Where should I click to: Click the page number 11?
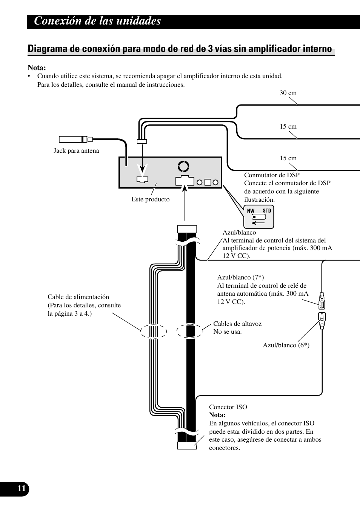click(22, 488)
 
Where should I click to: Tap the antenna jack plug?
click(76, 140)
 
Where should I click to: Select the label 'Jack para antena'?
click(76, 150)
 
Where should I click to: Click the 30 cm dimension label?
click(288, 93)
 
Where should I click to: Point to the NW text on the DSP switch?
click(251, 210)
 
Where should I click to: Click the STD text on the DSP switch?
click(267, 210)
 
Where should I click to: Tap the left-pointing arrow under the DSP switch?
click(258, 223)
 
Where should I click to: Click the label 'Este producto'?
click(151, 199)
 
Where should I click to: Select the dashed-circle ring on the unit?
click(183, 166)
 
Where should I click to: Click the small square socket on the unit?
click(208, 182)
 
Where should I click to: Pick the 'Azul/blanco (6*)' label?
click(286, 345)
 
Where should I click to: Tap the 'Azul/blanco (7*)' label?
click(240, 277)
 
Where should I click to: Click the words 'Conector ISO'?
click(228, 407)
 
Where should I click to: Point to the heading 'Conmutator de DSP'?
click(272, 175)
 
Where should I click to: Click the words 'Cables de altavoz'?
click(237, 324)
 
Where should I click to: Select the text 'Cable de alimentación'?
click(78, 297)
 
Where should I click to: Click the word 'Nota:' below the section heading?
click(37, 68)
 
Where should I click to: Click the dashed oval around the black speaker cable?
click(190, 331)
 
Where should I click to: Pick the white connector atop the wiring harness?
click(187, 229)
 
